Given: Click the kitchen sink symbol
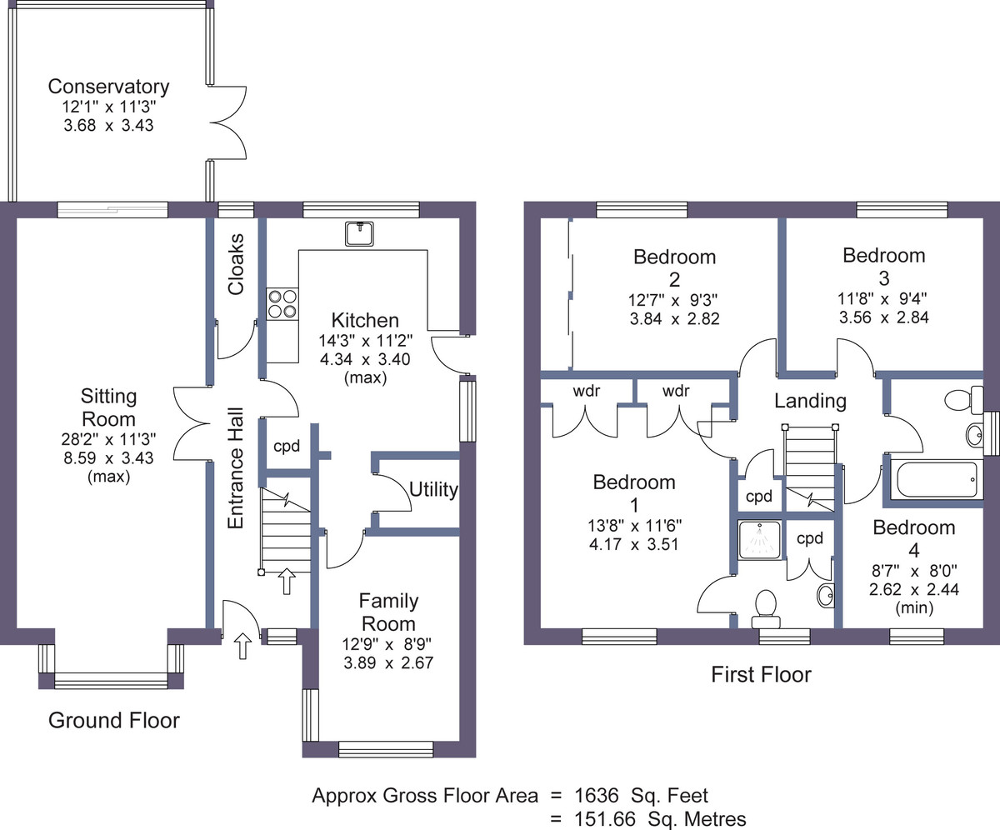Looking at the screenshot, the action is (359, 233).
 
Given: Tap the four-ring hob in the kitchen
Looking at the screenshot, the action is (282, 304).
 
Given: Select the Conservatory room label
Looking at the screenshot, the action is (108, 87).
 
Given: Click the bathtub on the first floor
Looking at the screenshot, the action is (937, 479).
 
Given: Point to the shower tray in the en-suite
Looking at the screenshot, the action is (760, 540).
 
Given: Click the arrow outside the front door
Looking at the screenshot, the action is (242, 646).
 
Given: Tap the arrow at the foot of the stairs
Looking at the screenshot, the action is (287, 582).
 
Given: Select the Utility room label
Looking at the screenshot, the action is (433, 489).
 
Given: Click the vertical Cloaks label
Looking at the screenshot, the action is (236, 264).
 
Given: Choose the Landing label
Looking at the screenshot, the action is (810, 402).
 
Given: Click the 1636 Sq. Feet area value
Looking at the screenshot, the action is (641, 796).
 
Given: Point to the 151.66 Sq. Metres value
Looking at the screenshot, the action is (660, 819).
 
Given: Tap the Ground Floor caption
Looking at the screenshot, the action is (114, 720).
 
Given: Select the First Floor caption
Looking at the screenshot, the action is (761, 674).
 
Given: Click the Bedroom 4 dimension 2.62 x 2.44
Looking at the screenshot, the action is (914, 589).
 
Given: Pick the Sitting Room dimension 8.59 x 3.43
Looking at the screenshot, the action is (108, 457).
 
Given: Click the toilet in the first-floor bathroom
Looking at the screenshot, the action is (964, 400).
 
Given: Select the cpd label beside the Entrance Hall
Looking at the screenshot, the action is (287, 447).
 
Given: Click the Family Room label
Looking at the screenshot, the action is (388, 612).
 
